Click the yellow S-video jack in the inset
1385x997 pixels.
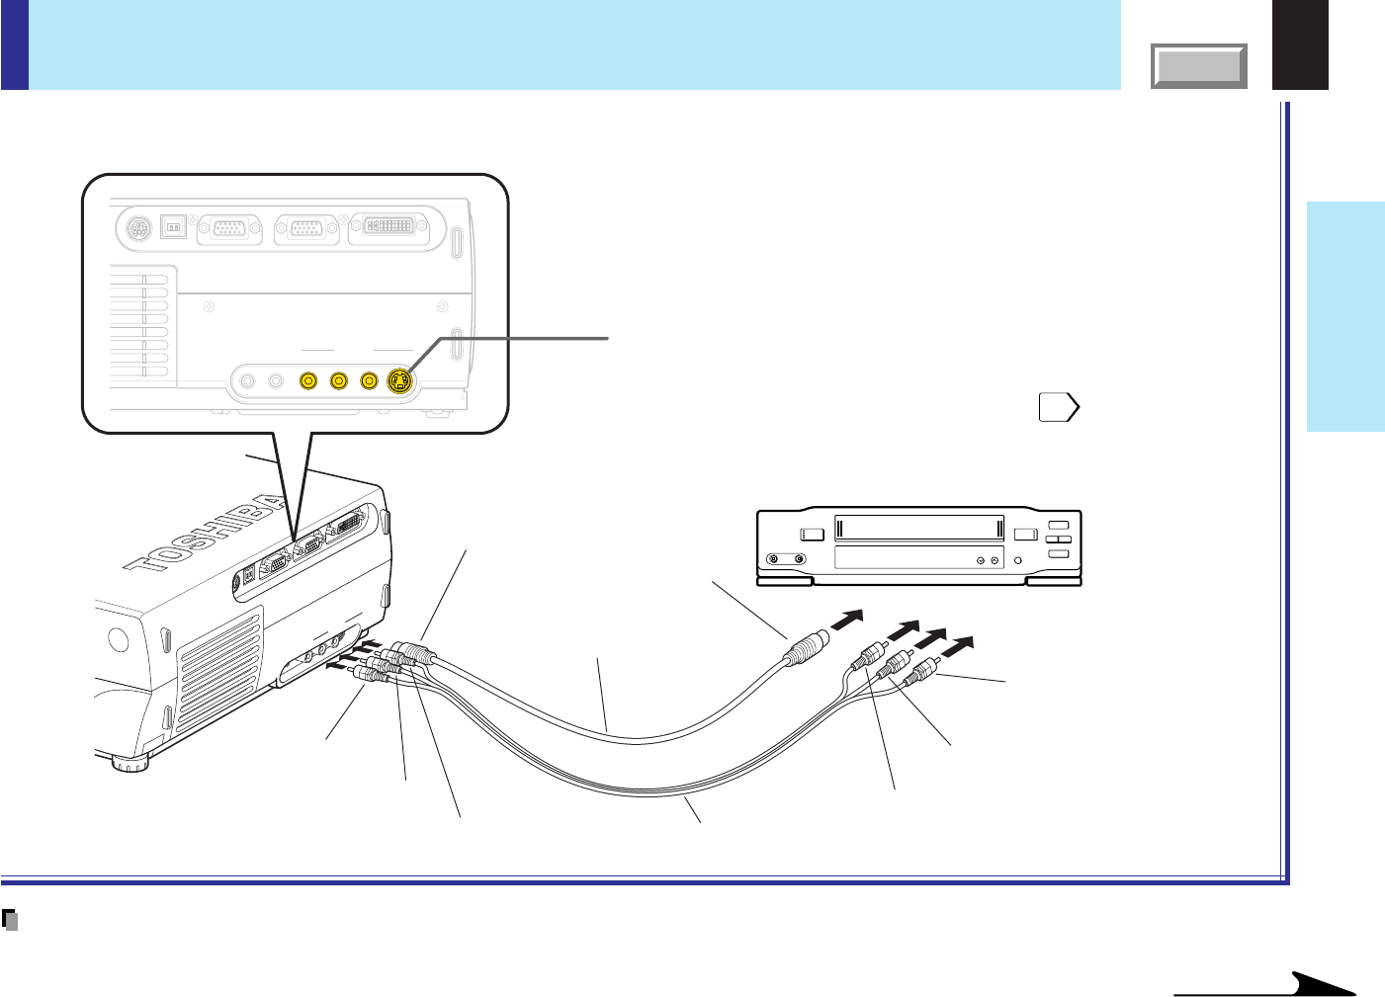pos(399,380)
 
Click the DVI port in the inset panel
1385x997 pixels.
pos(389,227)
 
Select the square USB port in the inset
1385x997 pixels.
pos(174,228)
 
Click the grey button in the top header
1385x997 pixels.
pos(1199,66)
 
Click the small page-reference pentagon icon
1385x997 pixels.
pos(1058,407)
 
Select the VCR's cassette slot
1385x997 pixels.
pos(919,528)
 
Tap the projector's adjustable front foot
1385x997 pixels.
pos(129,762)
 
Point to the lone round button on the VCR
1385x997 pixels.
pos(1017,560)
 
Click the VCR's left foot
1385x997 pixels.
pos(784,582)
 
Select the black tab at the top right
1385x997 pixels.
pos(1300,44)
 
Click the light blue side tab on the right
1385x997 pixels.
pos(1345,316)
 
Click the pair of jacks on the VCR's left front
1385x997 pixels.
pos(787,559)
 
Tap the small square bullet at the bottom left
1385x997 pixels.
pos(11,920)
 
